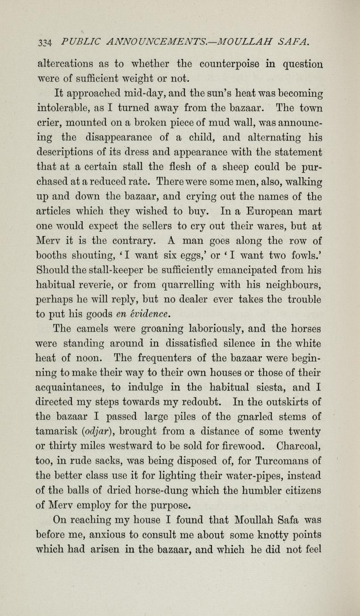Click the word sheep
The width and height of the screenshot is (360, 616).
pos(241,166)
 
